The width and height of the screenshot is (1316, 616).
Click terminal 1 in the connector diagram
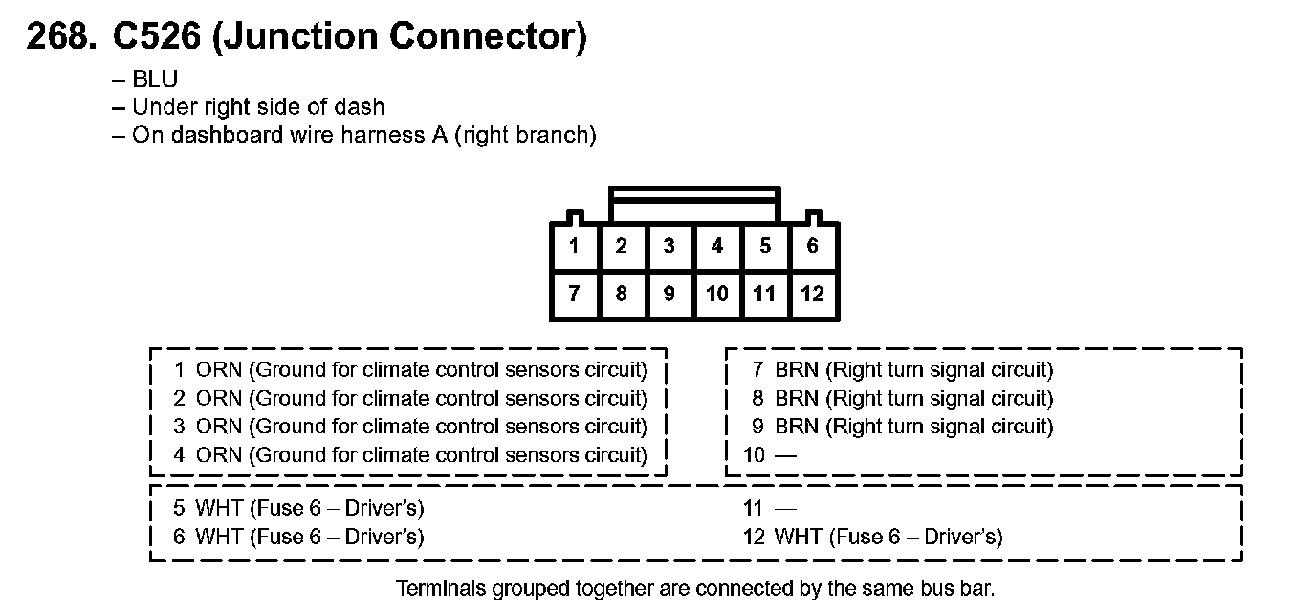(574, 247)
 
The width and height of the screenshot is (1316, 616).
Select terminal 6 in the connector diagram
(812, 247)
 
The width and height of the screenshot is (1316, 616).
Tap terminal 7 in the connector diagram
(574, 294)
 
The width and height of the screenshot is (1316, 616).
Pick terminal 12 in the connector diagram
(812, 294)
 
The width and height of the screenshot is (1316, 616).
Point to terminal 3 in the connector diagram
(669, 247)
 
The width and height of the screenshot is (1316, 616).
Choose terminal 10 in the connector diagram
(716, 294)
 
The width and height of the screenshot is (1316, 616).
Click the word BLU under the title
(155, 79)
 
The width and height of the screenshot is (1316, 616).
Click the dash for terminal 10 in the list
(785, 455)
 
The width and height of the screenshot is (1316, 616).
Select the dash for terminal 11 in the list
(785, 509)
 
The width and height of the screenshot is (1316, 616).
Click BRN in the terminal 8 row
(797, 398)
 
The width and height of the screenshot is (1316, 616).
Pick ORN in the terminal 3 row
(218, 427)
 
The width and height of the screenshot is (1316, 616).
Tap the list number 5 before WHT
(179, 509)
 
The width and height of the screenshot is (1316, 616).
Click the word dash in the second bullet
(363, 107)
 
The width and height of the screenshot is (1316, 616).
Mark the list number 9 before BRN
(758, 427)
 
